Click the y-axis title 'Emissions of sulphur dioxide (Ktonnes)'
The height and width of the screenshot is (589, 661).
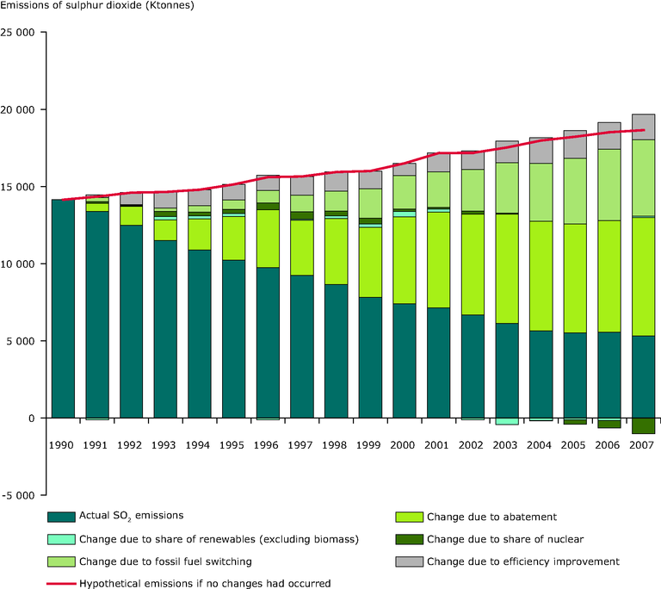(97, 8)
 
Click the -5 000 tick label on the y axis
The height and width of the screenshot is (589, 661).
(22, 495)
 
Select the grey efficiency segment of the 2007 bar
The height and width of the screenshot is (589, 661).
(643, 127)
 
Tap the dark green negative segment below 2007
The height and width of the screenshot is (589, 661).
(643, 425)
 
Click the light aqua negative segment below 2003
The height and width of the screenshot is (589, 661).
(506, 421)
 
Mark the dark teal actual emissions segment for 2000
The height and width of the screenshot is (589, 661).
(405, 361)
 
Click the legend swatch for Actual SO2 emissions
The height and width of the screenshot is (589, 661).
(59, 517)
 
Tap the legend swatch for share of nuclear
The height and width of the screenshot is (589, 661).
(407, 539)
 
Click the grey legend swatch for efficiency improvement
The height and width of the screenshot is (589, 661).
(407, 561)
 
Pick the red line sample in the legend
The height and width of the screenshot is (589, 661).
(59, 584)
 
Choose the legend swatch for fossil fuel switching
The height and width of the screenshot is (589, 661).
(59, 561)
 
